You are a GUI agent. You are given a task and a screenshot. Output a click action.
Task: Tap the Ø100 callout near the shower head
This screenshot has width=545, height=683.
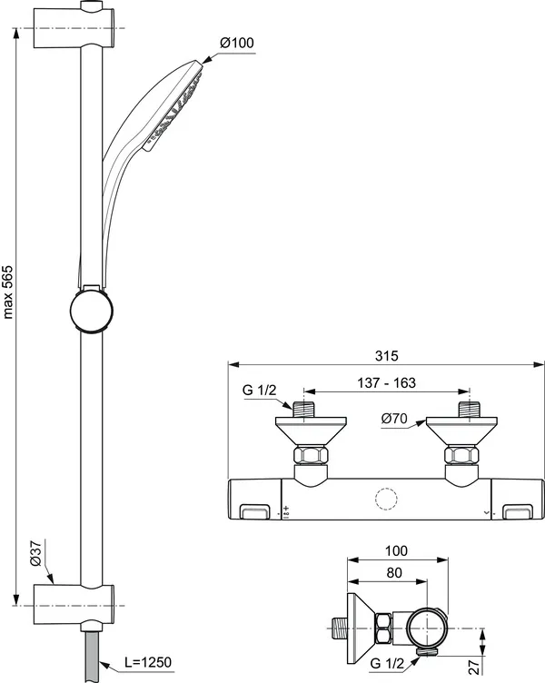point(237,44)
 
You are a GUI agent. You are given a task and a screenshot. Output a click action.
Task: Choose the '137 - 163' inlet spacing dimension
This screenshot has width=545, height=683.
point(386,383)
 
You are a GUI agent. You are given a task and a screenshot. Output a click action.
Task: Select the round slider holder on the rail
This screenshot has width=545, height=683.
point(92,311)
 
